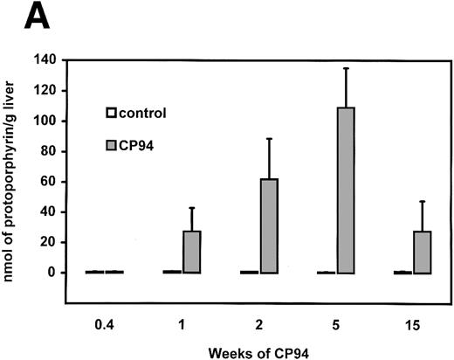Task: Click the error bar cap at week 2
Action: [x=270, y=138]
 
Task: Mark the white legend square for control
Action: [x=112, y=113]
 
